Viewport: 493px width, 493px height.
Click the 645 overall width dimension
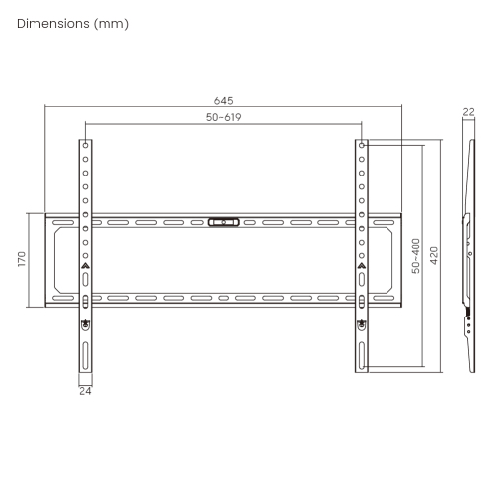(x=224, y=100)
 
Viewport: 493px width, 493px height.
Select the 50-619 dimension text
(x=224, y=117)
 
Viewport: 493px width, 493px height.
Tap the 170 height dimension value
(x=21, y=261)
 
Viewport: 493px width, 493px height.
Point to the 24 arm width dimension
(x=86, y=390)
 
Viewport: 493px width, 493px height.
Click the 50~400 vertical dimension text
(x=416, y=254)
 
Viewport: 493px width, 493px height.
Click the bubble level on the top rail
(x=224, y=222)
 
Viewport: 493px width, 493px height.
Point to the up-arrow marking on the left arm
(x=86, y=266)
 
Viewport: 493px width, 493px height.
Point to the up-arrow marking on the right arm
(x=362, y=266)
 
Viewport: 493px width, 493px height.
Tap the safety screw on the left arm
(x=86, y=323)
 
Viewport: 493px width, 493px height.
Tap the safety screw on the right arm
(x=362, y=323)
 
